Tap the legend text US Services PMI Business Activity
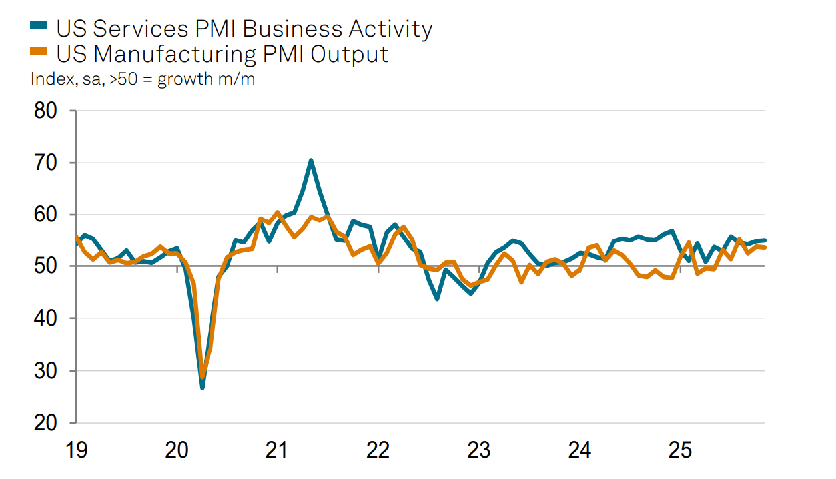(x=244, y=28)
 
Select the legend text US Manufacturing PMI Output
(x=222, y=53)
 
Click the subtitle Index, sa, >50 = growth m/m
(x=143, y=79)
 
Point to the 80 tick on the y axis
(x=47, y=111)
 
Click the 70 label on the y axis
(x=47, y=163)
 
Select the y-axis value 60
(x=47, y=215)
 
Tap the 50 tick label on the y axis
(x=47, y=266)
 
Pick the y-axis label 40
(x=47, y=318)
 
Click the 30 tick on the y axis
(x=47, y=370)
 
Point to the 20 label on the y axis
(x=47, y=422)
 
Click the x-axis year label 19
(x=76, y=450)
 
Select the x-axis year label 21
(x=277, y=450)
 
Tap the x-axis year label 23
(x=479, y=450)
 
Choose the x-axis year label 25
(x=681, y=450)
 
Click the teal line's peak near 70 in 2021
(x=311, y=161)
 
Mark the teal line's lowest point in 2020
(x=202, y=387)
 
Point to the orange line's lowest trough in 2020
(x=203, y=377)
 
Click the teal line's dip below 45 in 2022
(x=437, y=298)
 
